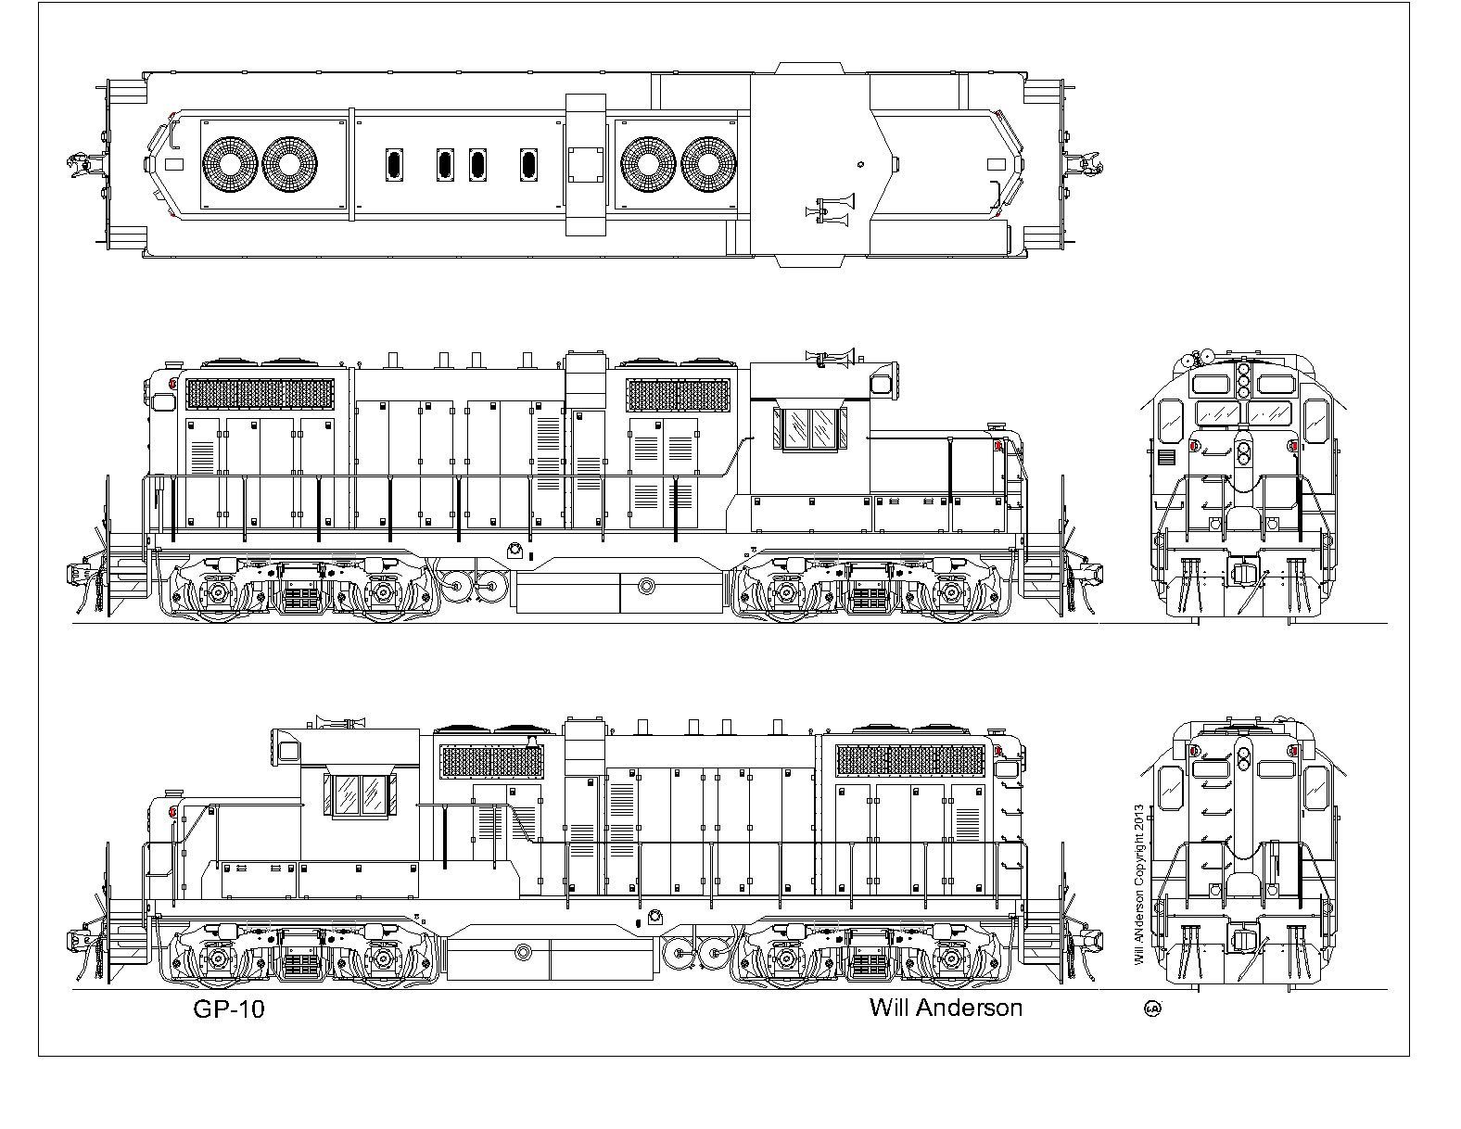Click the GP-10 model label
pos(229,1009)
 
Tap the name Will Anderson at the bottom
pos(946,1008)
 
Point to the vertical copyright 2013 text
pos(1139,886)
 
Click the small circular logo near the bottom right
pos(1152,1008)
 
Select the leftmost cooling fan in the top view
pos(230,165)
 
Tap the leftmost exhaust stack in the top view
pos(394,165)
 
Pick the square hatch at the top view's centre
pos(586,165)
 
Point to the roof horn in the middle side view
pos(830,357)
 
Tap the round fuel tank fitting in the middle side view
pos(646,587)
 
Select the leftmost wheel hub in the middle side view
pos(218,592)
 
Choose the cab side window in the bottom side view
pos(361,795)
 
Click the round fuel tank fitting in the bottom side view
pos(523,952)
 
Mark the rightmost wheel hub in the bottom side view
pos(950,957)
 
